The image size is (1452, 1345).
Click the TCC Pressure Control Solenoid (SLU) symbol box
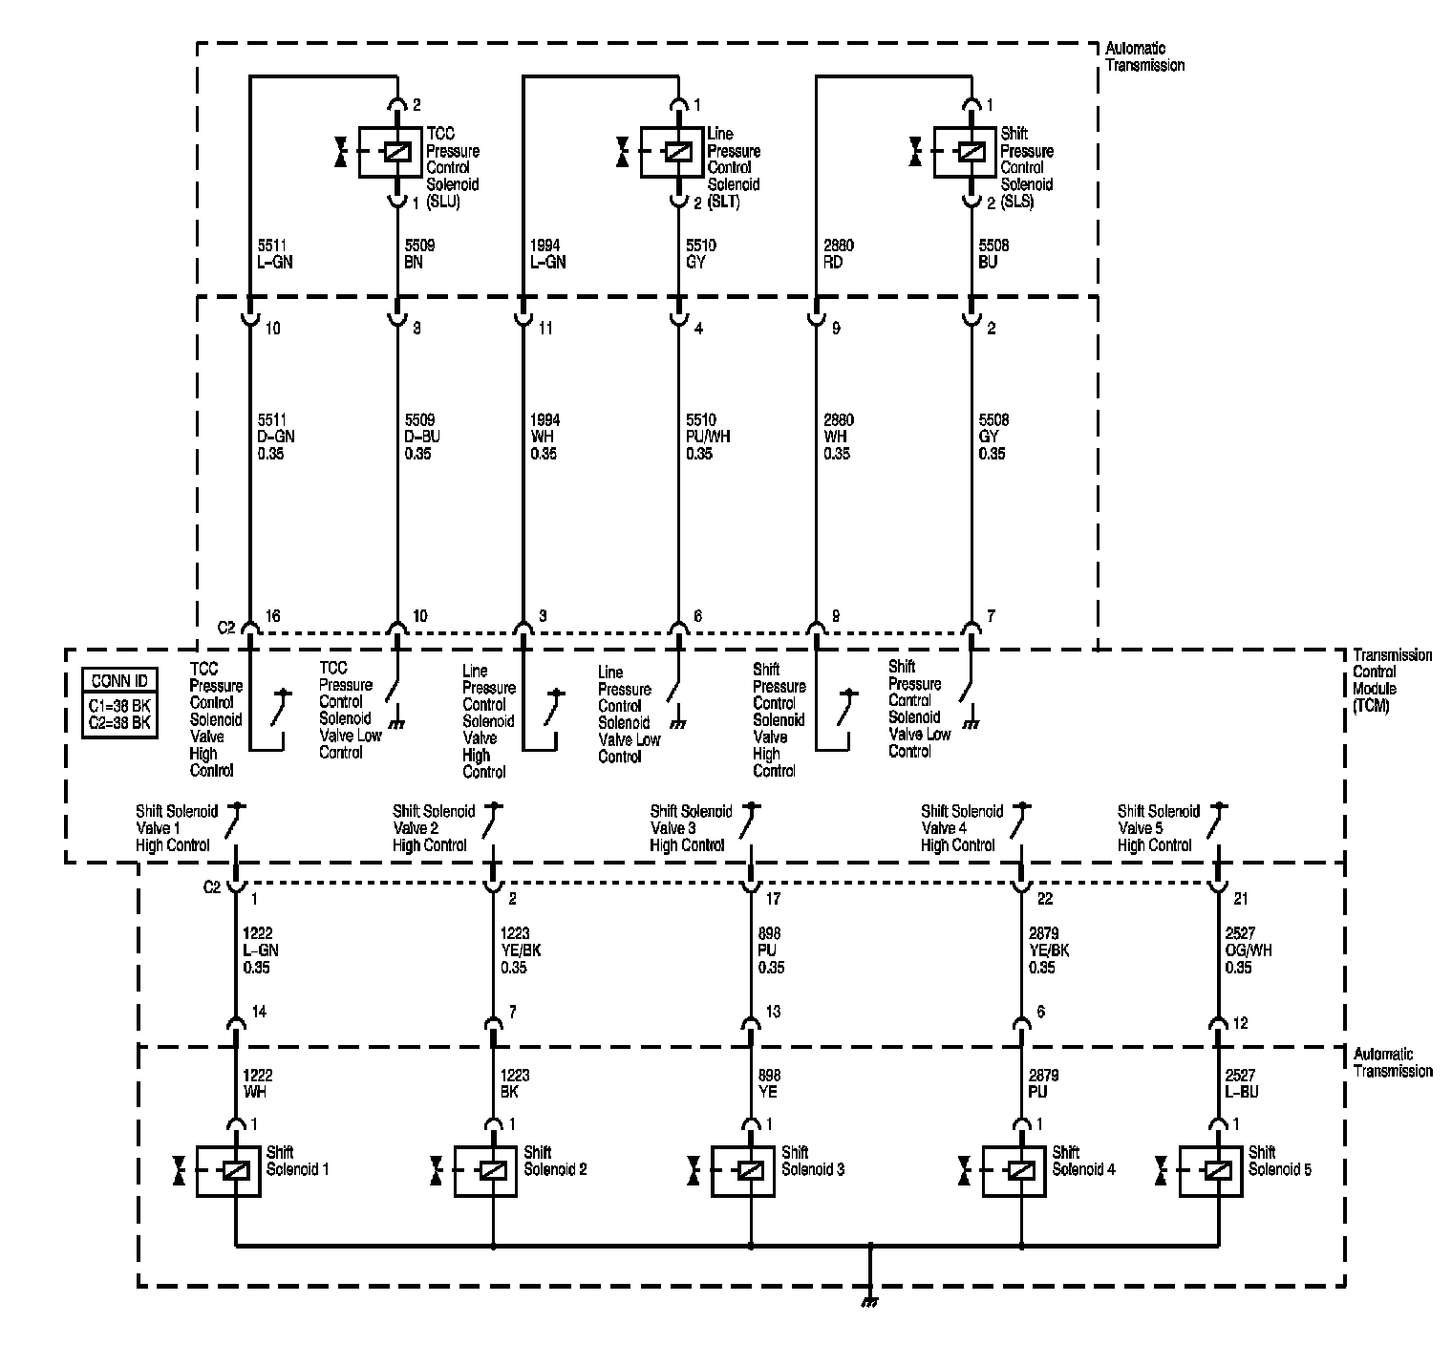[391, 152]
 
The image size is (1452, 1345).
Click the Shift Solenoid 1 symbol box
[229, 1170]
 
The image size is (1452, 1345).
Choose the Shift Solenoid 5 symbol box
[1211, 1170]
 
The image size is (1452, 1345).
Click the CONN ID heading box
[119, 681]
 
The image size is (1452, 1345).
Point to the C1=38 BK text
[119, 706]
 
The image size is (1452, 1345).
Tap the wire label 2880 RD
[839, 253]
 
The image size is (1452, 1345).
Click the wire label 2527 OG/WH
[1248, 950]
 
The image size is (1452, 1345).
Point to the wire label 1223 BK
[514, 1083]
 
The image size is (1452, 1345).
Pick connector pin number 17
[774, 899]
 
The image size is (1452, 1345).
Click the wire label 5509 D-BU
[422, 437]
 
